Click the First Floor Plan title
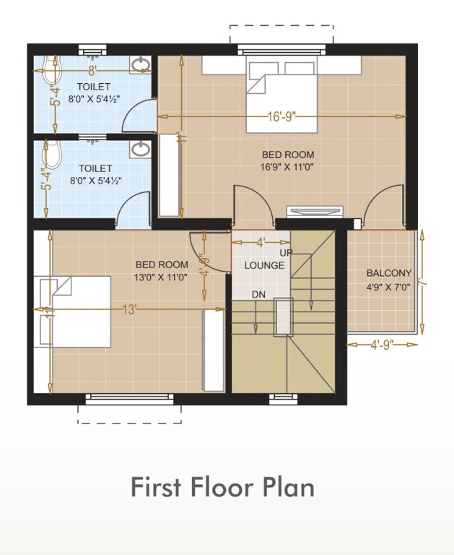[222, 487]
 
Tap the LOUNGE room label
[264, 265]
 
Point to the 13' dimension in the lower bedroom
[129, 310]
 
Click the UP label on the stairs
[286, 252]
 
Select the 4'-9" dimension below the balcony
[383, 345]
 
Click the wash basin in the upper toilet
[141, 66]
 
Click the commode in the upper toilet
[51, 72]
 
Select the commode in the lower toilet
[51, 155]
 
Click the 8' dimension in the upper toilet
[92, 71]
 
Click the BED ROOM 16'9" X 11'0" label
[288, 160]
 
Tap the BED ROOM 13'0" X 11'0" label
[162, 270]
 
